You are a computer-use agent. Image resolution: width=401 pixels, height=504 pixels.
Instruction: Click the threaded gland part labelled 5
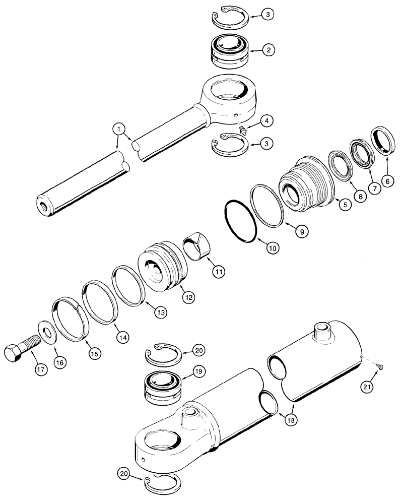click(304, 182)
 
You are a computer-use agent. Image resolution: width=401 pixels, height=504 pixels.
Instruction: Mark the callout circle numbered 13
click(160, 311)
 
